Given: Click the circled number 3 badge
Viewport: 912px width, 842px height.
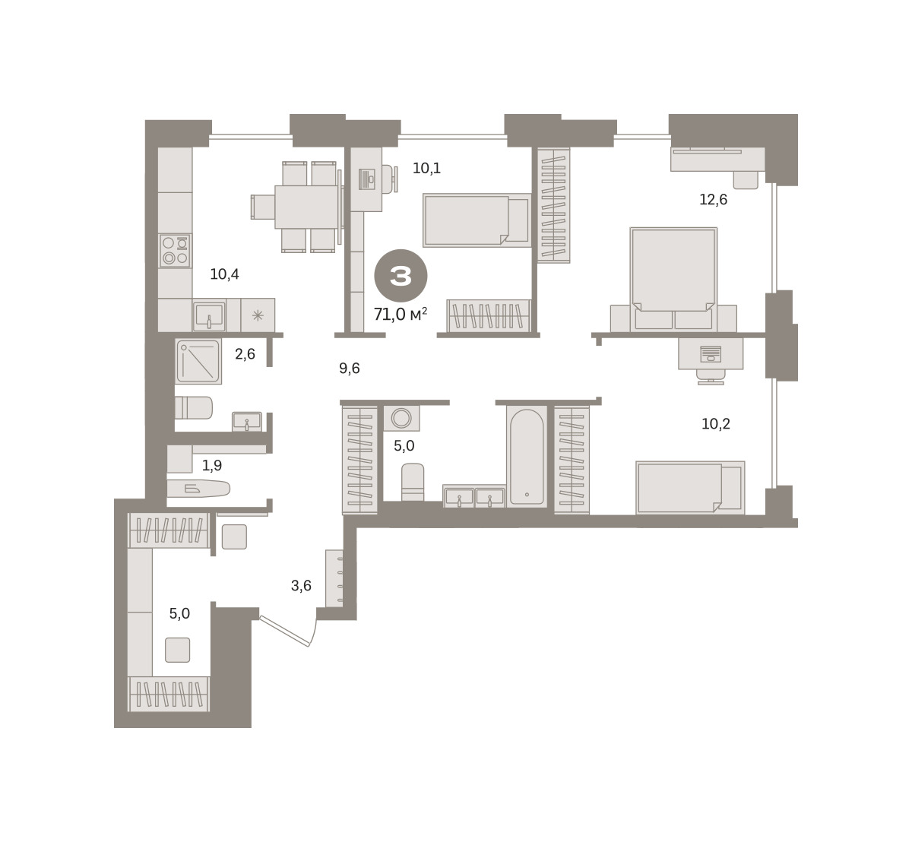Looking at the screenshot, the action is (x=401, y=276).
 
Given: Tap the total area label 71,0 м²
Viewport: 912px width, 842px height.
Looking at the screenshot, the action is (x=401, y=315).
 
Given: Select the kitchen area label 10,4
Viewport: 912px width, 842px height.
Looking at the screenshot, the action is (x=224, y=274).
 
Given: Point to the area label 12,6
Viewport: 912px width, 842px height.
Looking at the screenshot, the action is (x=713, y=199).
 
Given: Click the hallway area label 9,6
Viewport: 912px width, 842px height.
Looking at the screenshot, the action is (x=350, y=368).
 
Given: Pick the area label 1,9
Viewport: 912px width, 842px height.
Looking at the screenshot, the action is (x=212, y=465).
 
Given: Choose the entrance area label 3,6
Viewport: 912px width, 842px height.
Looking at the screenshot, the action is (x=301, y=586).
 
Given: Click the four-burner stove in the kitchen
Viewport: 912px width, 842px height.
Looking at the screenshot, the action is (x=175, y=251).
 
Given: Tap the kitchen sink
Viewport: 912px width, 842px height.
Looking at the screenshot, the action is (x=210, y=315).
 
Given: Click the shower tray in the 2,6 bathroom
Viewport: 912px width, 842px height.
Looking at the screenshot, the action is (x=198, y=361).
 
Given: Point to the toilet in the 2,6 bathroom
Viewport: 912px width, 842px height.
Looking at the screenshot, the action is (x=193, y=407).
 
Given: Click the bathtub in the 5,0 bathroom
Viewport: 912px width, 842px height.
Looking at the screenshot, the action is (x=527, y=457).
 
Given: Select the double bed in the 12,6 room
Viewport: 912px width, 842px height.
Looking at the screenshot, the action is (x=673, y=279).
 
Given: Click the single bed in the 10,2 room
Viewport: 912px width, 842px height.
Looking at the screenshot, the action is (x=690, y=488).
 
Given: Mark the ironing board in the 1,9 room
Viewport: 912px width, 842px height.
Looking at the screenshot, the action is (x=198, y=489).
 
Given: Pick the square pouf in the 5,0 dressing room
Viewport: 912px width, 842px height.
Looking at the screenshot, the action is (x=178, y=650).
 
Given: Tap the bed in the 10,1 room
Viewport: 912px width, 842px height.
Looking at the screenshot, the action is (x=477, y=220).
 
